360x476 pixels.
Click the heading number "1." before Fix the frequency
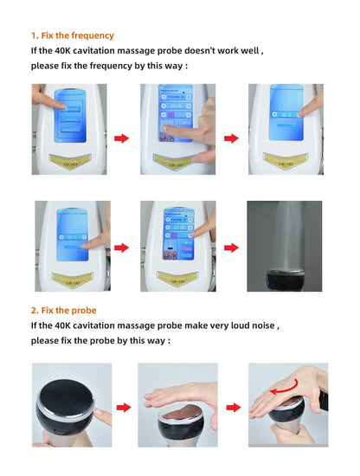tap(35, 35)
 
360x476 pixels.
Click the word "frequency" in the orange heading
tap(92, 35)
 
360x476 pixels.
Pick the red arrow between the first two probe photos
tap(124, 406)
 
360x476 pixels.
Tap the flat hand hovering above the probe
tap(173, 397)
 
